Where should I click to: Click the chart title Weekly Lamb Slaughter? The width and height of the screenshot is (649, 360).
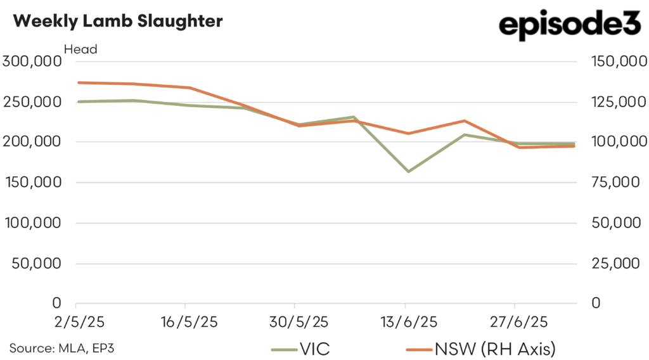[118, 21]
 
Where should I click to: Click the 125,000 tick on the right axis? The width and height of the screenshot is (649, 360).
[615, 102]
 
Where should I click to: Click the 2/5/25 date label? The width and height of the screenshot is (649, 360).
[76, 322]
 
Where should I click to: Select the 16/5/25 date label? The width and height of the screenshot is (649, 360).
[185, 322]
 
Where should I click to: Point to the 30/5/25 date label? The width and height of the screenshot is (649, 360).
[295, 322]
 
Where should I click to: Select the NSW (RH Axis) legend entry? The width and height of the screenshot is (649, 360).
[482, 348]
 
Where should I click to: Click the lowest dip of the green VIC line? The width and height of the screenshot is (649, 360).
[408, 172]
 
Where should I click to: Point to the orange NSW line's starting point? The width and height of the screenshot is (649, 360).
[77, 82]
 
